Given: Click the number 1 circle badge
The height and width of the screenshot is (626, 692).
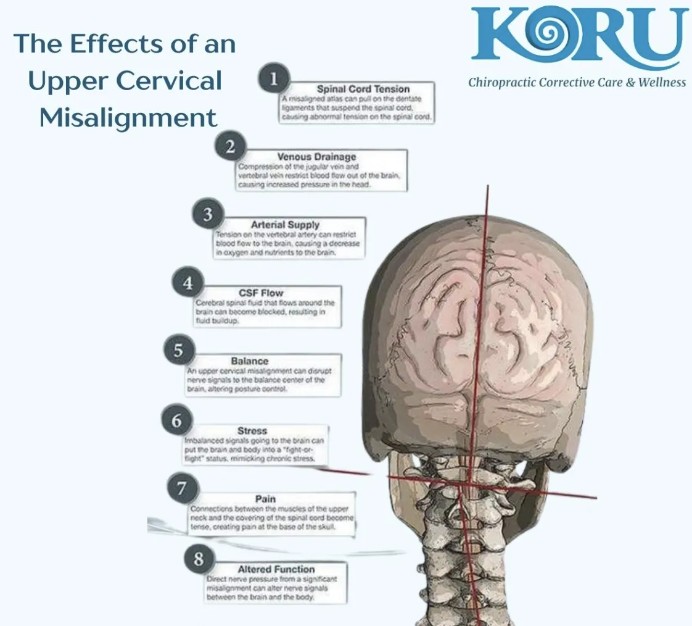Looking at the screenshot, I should (274, 79).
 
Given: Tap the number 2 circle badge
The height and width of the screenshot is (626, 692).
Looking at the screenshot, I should (231, 148).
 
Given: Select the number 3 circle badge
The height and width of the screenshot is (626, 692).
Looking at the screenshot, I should (208, 215).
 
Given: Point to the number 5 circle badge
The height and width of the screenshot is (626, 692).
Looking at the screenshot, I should (178, 351).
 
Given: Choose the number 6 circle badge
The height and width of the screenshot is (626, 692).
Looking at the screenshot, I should (177, 421).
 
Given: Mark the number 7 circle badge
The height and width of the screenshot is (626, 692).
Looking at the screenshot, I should (182, 489).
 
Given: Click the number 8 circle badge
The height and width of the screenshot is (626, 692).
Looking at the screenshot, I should (199, 559).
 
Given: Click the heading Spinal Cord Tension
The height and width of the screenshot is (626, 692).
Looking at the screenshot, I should (363, 90).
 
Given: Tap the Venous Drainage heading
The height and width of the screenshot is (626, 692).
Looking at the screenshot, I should (316, 157).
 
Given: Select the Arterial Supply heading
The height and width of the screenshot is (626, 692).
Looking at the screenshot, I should (285, 225).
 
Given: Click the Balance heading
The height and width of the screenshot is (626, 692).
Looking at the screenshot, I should (250, 361).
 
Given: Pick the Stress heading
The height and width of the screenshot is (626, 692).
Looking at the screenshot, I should (252, 430).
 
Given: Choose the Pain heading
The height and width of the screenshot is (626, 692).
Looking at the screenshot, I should (265, 499).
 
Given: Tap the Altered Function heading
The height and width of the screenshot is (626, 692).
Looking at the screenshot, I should (276, 569).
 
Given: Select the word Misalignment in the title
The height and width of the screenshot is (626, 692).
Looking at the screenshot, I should (128, 117).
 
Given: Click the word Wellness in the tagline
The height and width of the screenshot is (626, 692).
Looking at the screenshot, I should (661, 82).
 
